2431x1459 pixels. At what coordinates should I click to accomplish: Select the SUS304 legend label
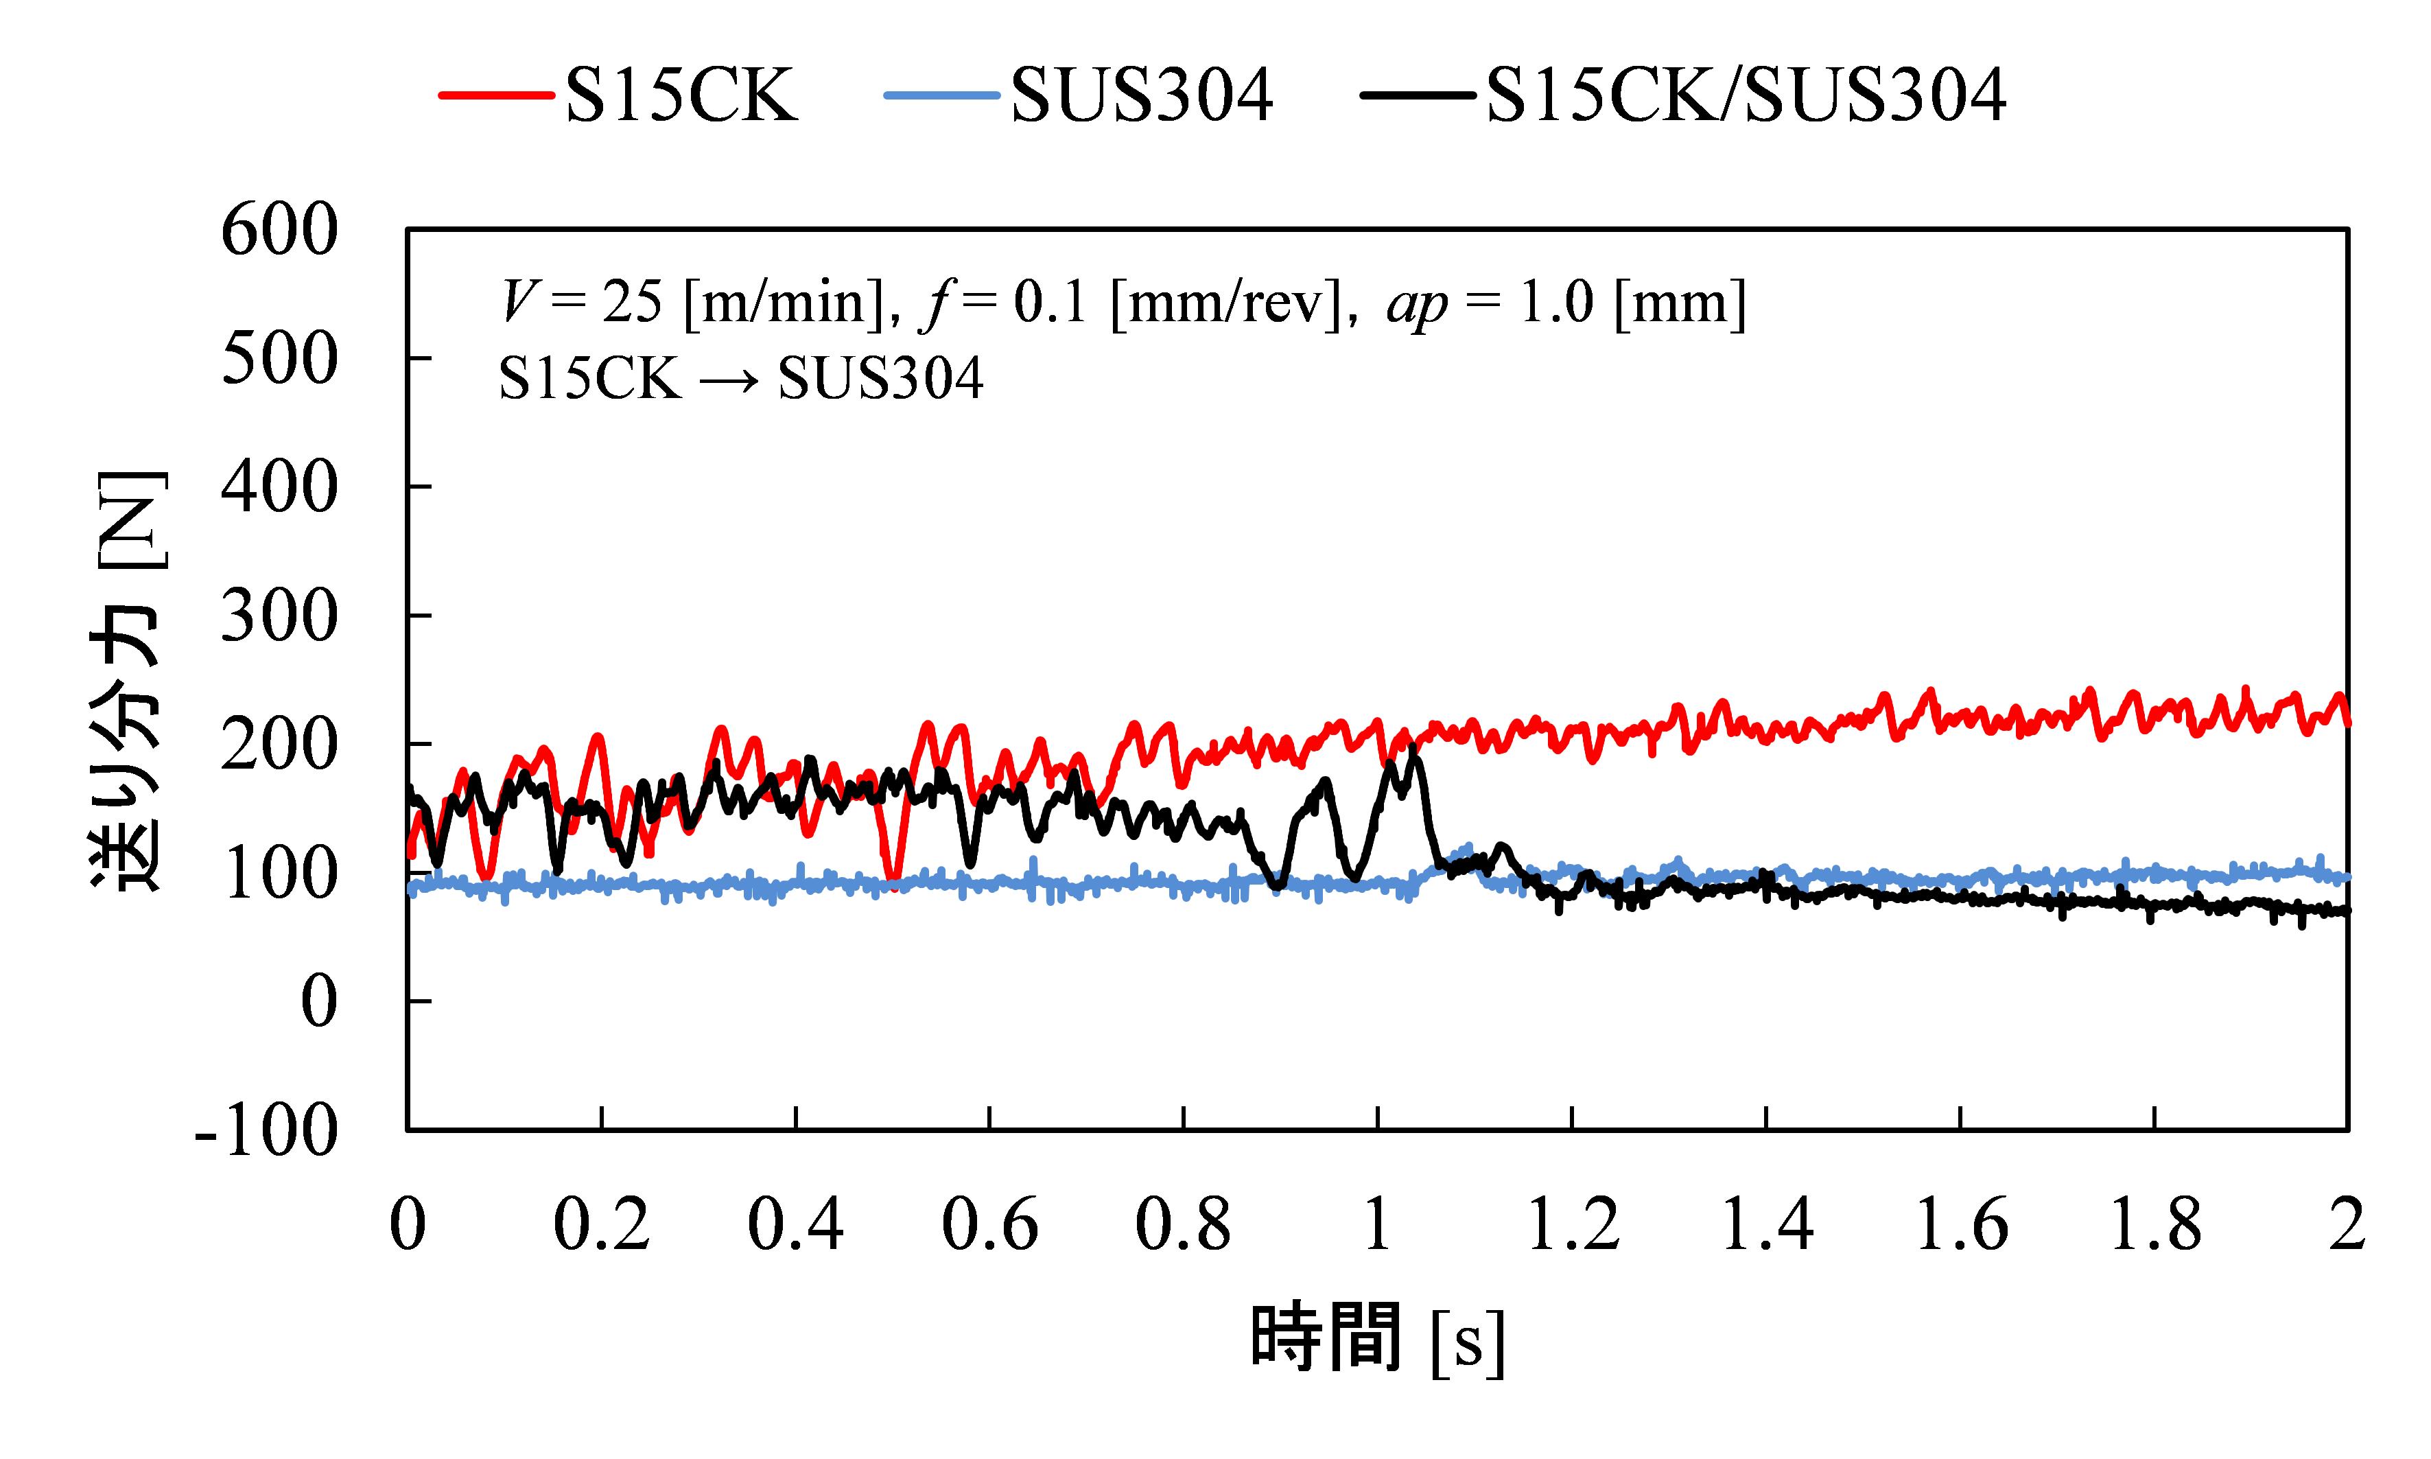pyautogui.click(x=1141, y=95)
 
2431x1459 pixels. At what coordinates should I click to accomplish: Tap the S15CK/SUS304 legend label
pyautogui.click(x=1746, y=95)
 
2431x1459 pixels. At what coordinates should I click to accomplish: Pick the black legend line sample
pyautogui.click(x=1418, y=95)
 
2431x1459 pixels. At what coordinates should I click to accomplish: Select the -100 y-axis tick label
pyautogui.click(x=268, y=1131)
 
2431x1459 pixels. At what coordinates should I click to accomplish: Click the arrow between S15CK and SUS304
pyautogui.click(x=729, y=380)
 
